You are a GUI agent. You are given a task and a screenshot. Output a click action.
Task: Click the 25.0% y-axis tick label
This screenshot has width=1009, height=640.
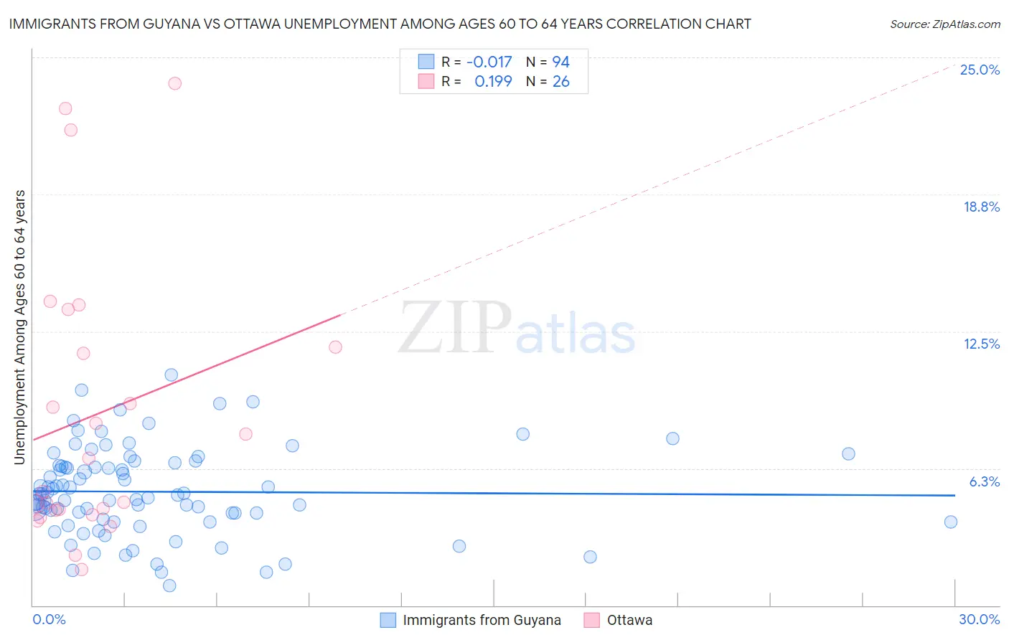980,70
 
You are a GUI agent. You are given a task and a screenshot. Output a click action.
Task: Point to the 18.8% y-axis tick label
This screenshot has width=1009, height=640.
981,207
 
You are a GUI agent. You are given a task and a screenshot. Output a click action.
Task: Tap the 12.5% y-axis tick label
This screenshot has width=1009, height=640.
981,344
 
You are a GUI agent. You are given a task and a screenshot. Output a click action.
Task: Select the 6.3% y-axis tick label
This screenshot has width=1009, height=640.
984,481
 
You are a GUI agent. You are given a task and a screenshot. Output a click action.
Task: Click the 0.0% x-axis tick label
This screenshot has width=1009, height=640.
49,619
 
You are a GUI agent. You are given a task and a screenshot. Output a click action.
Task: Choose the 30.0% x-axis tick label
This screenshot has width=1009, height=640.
979,619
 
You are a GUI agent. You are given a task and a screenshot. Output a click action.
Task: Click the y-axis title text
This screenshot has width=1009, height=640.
19,327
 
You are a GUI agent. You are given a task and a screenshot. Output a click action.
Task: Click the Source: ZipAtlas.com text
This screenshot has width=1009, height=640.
944,24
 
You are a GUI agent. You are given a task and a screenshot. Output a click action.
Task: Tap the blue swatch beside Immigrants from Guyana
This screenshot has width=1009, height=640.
388,620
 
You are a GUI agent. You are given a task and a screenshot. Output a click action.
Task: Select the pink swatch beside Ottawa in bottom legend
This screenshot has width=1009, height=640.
592,620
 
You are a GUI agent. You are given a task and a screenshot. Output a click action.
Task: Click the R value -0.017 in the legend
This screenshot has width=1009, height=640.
489,62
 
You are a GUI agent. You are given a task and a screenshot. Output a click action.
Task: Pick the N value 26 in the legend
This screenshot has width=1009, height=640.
560,82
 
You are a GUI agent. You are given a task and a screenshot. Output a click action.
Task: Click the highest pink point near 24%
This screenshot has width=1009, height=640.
174,83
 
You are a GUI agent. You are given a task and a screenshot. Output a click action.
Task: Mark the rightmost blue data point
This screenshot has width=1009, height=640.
951,522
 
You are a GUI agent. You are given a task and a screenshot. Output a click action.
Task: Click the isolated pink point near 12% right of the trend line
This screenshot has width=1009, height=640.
335,347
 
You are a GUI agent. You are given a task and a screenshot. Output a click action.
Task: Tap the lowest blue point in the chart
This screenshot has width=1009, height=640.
169,585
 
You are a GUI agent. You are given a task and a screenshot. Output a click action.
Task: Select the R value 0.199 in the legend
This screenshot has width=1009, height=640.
493,82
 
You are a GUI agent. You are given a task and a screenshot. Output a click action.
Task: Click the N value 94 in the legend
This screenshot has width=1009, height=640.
560,62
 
